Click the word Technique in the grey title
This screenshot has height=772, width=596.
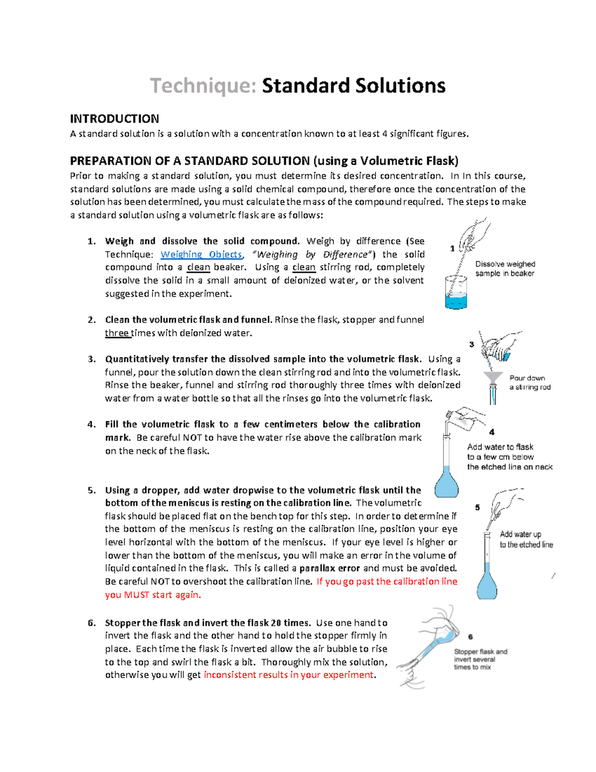point(203,86)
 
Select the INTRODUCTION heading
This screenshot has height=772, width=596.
point(114,119)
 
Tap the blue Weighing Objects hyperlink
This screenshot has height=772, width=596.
point(201,255)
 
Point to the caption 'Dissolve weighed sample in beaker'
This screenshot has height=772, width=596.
point(505,269)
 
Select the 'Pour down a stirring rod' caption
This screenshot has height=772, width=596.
point(529,382)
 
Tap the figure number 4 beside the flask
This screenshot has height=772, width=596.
point(492,432)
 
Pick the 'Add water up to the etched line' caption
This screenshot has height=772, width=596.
point(526,539)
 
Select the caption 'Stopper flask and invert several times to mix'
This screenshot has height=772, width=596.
point(480,659)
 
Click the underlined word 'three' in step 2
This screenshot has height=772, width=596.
point(117,333)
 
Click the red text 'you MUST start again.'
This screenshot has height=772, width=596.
point(153,595)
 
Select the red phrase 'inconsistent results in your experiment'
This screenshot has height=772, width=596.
point(289,675)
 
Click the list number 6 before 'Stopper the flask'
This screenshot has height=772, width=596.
point(91,623)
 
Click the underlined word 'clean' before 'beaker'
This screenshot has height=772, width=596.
point(198,267)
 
